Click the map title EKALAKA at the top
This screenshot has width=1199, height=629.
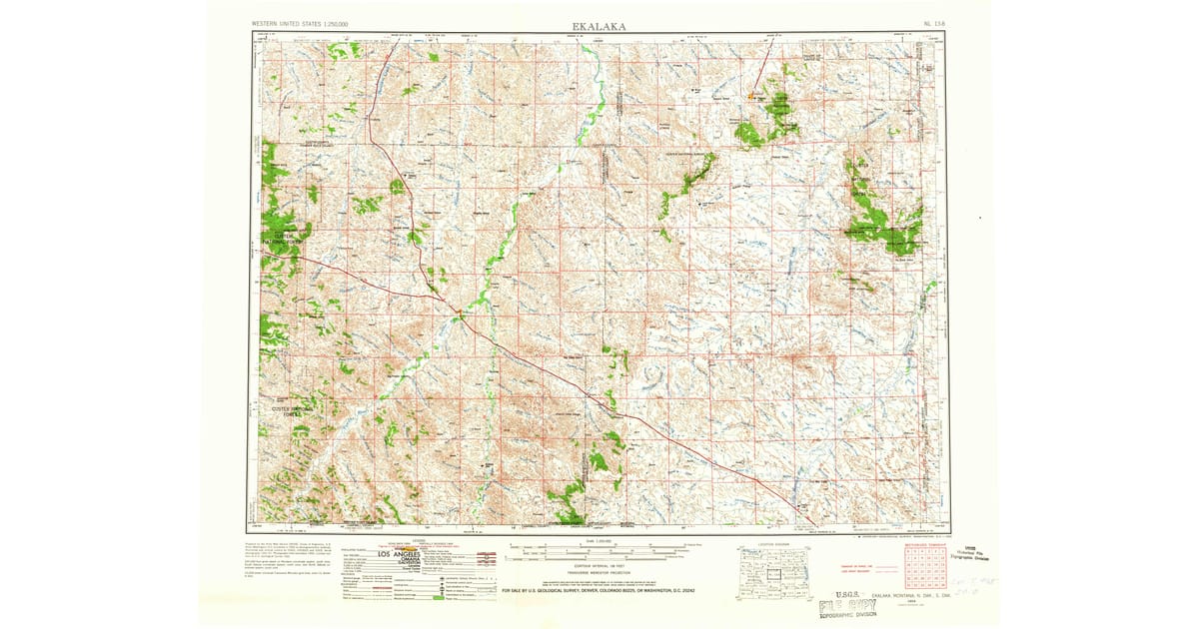point(599,26)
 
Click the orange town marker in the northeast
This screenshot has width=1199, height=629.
point(752,97)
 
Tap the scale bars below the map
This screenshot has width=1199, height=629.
point(606,549)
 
